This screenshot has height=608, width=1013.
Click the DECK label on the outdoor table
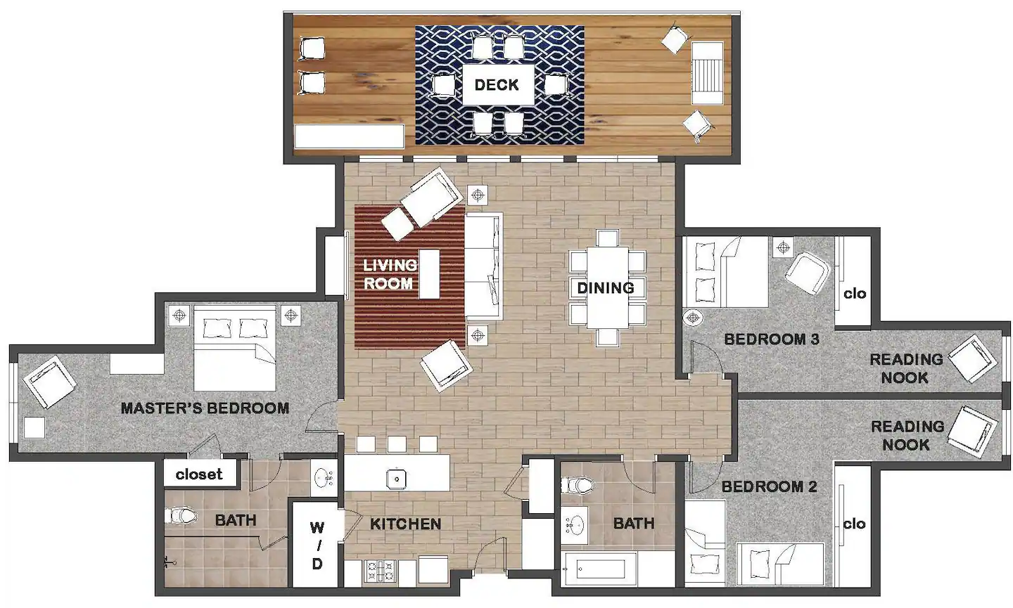pos(497,85)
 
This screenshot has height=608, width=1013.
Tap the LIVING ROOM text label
pos(390,274)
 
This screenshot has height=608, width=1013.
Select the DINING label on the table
pos(606,287)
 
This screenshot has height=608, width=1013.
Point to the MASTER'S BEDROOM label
pos(205,408)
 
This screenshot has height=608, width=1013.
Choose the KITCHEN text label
pos(406,524)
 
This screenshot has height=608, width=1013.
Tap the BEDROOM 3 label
pos(772,339)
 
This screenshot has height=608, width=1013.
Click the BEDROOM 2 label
pos(770,486)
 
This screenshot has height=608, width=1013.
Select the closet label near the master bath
pos(199,474)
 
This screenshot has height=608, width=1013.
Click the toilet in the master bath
pos(180,516)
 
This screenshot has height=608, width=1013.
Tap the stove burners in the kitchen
pos(380,571)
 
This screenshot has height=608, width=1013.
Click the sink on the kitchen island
pos(397,479)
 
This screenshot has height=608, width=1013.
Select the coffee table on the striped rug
pos(429,273)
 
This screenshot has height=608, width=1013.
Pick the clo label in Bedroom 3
pos(855,294)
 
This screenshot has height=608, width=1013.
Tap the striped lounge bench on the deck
pos(707,72)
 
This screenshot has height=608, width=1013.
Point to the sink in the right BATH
pos(575,525)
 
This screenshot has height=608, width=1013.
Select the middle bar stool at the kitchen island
pos(397,444)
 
